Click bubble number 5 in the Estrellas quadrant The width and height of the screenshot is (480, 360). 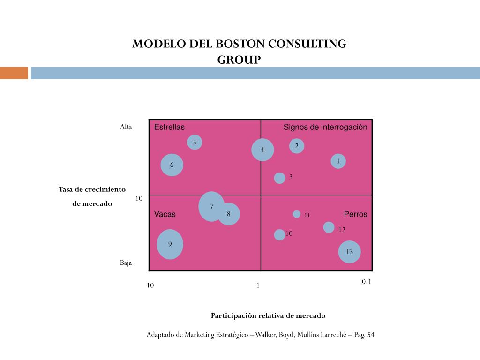coord(195,142)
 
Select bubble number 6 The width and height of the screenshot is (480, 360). coord(172,165)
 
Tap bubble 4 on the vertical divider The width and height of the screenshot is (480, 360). coord(262,150)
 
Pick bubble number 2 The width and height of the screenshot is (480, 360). coord(297,146)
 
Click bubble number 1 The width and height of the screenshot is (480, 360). coord(338,162)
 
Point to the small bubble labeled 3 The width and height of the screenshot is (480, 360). coord(279,178)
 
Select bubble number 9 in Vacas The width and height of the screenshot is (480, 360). coord(170,244)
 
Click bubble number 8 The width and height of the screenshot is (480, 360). coord(229,214)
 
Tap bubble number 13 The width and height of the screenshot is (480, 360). coord(350,252)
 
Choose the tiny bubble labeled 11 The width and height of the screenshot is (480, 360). coord(297,214)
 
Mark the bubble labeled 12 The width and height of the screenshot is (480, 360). coord(329,227)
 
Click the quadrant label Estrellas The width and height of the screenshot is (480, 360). coord(169,127)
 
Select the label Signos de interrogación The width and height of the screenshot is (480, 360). coord(325,127)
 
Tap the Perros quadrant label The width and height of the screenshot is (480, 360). coord(355,214)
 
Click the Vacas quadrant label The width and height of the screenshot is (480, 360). coord(165,214)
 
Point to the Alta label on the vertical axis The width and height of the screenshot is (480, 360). coord(126,127)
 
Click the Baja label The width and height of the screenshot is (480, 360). coord(126,263)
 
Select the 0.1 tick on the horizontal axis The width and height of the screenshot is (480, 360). coord(367,282)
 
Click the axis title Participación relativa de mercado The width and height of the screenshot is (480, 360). coord(268,315)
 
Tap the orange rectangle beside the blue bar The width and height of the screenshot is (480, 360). coord(14,73)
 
